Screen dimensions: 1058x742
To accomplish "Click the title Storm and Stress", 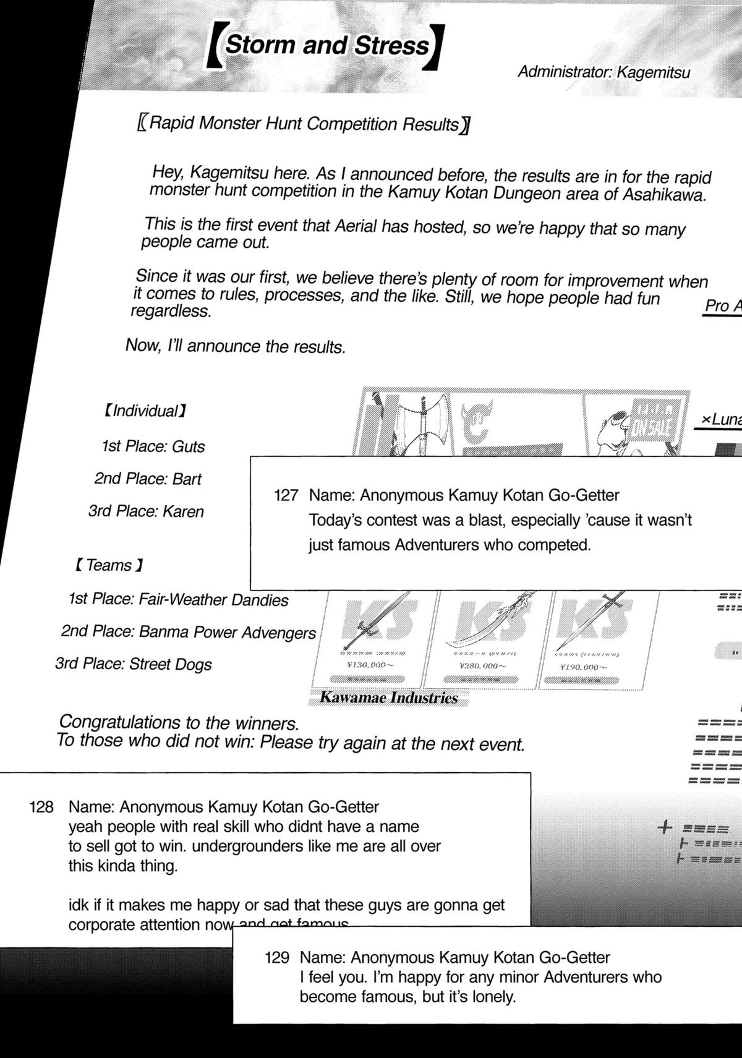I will [x=327, y=46].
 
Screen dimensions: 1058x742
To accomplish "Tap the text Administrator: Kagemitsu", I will [x=603, y=72].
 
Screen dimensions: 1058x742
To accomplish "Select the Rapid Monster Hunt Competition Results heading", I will [x=303, y=124].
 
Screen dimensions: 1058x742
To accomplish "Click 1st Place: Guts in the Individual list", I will [x=153, y=446].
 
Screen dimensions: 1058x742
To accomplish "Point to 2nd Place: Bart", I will [x=148, y=479].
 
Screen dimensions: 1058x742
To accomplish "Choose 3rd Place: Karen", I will [x=146, y=511].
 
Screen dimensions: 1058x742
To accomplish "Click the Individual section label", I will [x=145, y=411].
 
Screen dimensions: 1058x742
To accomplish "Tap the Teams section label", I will [x=109, y=565].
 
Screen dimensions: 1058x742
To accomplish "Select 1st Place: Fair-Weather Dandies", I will [x=178, y=600].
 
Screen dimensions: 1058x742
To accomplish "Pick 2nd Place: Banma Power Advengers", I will [x=188, y=632].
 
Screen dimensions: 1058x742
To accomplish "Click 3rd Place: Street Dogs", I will [x=134, y=664].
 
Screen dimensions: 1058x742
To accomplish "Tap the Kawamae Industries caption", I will [x=388, y=698].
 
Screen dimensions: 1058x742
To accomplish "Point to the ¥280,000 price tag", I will [x=482, y=666].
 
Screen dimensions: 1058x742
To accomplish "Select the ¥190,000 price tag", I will [x=583, y=667].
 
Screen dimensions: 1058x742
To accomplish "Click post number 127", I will [x=286, y=495].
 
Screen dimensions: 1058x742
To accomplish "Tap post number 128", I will [x=41, y=807].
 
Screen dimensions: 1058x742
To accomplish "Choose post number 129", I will [x=276, y=958].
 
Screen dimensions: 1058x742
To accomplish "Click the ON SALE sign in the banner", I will [x=653, y=426].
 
